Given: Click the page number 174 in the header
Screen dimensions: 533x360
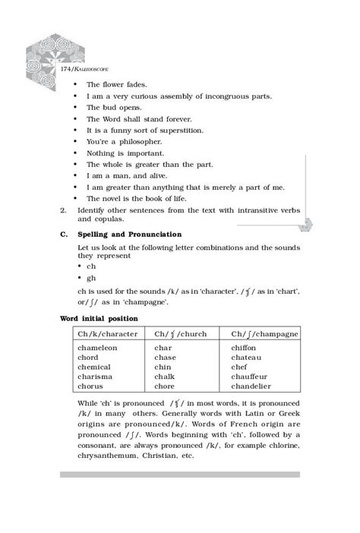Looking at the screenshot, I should (x=67, y=69).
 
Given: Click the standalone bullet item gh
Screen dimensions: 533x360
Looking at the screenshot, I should (x=90, y=279).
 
